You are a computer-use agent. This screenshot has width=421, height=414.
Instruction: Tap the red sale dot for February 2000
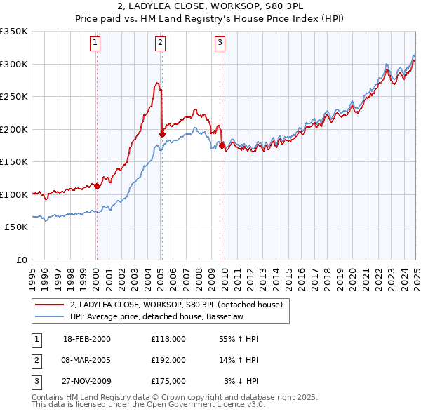97,186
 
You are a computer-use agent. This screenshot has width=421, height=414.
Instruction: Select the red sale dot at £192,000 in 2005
162,134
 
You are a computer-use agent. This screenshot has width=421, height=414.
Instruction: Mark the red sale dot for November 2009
222,145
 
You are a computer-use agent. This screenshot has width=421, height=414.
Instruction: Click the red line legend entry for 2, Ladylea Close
176,305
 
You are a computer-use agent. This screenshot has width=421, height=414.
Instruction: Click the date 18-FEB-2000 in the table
87,339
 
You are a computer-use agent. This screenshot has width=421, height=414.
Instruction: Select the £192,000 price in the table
168,360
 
